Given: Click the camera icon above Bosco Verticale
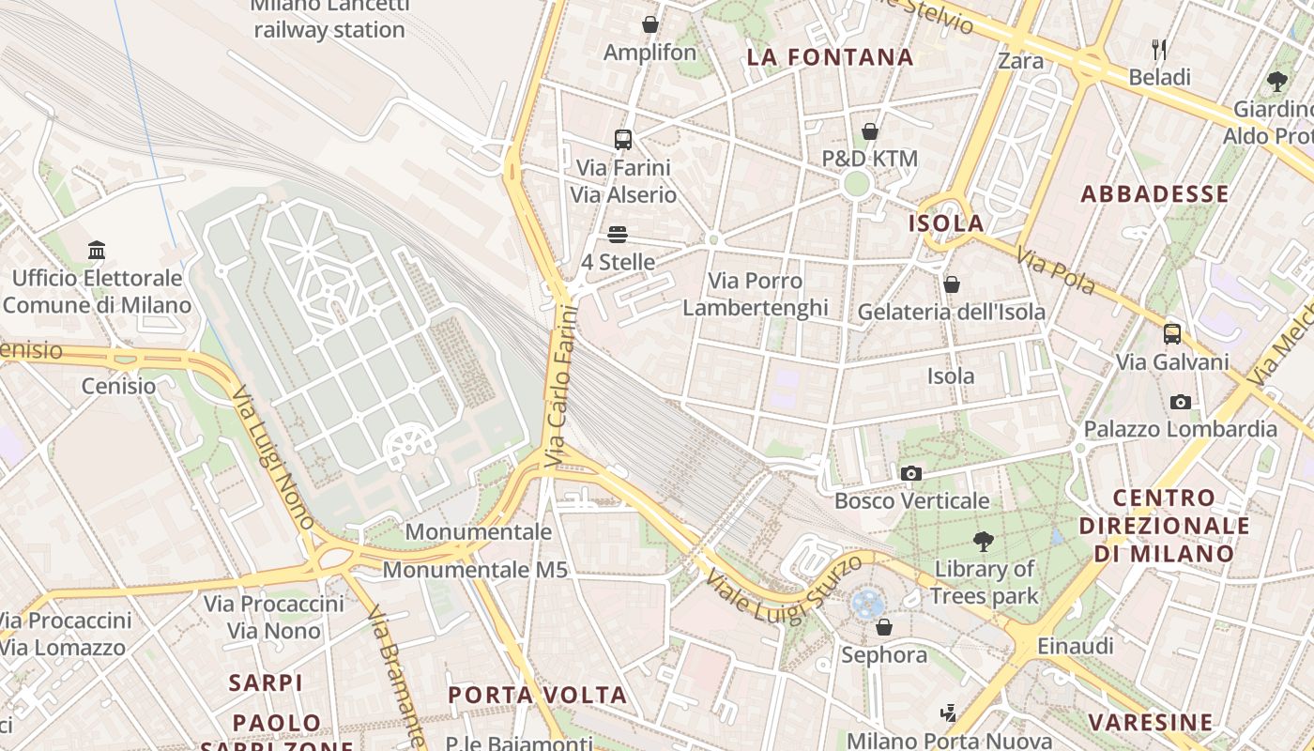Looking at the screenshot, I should pyautogui.click(x=910, y=473).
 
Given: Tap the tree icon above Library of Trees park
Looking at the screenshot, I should pyautogui.click(x=984, y=541).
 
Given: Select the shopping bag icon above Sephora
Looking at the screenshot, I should pyautogui.click(x=883, y=627).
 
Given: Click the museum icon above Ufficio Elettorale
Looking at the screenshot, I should pyautogui.click(x=97, y=250).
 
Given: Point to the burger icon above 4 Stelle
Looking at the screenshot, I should pyautogui.click(x=617, y=234).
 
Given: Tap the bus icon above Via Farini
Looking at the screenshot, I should pyautogui.click(x=622, y=140).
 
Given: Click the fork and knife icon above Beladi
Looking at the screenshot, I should pyautogui.click(x=1159, y=49).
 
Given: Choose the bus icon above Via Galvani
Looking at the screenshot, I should pyautogui.click(x=1171, y=333).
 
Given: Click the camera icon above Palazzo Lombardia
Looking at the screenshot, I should pyautogui.click(x=1180, y=402).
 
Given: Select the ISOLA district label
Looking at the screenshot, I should pyautogui.click(x=946, y=223).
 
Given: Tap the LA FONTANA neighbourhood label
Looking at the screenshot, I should pyautogui.click(x=830, y=57).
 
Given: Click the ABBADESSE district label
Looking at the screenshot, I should pyautogui.click(x=1154, y=194).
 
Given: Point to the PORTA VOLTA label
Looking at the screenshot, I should pyautogui.click(x=537, y=695).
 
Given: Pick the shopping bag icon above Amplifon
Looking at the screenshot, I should pyautogui.click(x=649, y=24).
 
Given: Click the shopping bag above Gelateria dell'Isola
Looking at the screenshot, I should pyautogui.click(x=951, y=284).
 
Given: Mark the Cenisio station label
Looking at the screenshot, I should pyautogui.click(x=118, y=386).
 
